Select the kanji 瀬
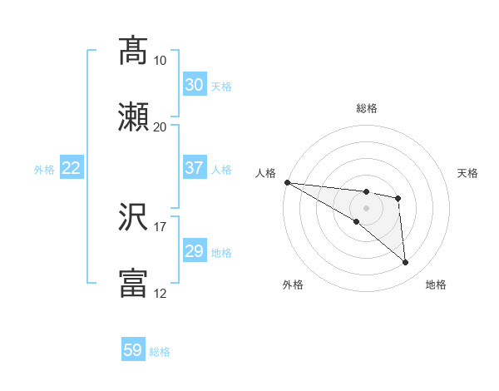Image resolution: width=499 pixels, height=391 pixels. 133,117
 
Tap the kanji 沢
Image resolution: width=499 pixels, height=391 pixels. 133,217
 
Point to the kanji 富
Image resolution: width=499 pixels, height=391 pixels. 133,284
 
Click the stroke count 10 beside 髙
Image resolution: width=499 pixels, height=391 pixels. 160,60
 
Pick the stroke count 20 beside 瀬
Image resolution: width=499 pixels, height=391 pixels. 160,126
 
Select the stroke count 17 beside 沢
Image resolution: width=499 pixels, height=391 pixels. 160,226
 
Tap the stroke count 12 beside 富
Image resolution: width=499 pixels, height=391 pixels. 160,293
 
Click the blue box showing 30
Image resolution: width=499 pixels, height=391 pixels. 194,85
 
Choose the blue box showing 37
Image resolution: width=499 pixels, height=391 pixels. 194,168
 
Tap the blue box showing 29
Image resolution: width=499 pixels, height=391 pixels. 194,251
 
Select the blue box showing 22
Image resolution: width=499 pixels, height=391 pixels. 71,168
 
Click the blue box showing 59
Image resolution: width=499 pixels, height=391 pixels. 132,350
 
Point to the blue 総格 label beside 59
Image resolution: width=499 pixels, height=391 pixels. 160,352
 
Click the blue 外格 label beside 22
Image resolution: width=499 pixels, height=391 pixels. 44,170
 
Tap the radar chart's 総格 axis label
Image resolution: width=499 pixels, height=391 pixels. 367,108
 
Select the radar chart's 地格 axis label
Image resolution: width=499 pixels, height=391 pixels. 436,285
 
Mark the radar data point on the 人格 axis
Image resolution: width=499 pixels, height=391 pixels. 287,182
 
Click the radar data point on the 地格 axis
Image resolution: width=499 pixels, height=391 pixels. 406,263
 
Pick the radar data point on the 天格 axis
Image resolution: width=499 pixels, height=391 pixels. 398,198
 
